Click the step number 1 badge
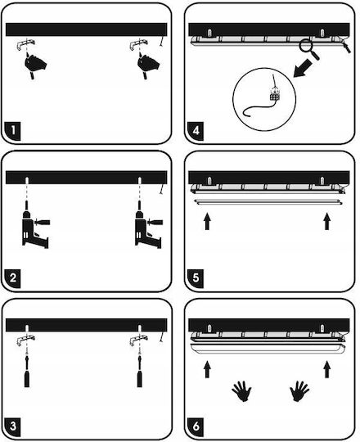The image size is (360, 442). click(13, 131)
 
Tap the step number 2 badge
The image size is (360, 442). click(13, 278)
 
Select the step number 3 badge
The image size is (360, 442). click(13, 426)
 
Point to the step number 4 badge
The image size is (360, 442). click(196, 131)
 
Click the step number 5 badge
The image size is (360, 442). click(196, 278)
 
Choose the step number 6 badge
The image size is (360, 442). click(196, 426)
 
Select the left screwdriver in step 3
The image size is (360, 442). click(27, 372)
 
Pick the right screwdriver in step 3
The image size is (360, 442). click(139, 372)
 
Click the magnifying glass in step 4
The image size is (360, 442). click(308, 48)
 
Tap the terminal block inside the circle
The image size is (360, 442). click(275, 95)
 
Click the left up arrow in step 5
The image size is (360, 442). click(207, 222)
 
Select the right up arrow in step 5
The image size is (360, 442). click(326, 222)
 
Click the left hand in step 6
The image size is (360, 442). click(242, 391)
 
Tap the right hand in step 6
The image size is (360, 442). click(299, 391)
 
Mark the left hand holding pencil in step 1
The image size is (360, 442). click(35, 65)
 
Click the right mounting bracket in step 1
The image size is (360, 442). click(138, 44)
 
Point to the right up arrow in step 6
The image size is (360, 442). click(326, 369)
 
